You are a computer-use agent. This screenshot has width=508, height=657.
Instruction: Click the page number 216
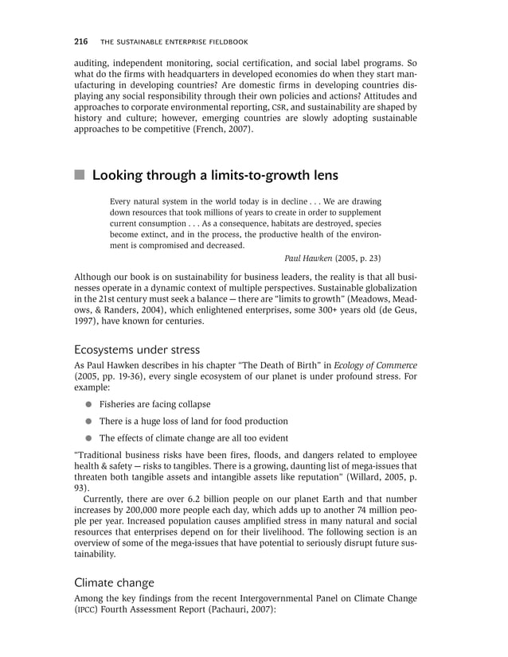pyautogui.click(x=80, y=41)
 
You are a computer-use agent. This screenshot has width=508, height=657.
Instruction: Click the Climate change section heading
pyautogui.click(x=114, y=582)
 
